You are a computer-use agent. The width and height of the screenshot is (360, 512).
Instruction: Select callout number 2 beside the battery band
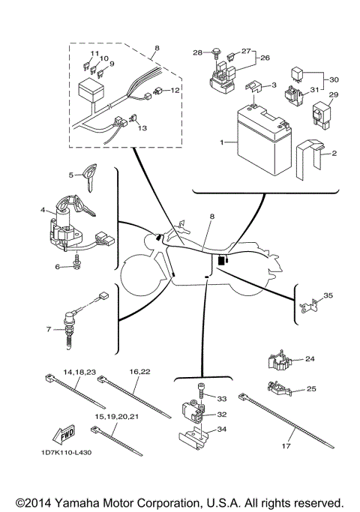[x=334, y=153]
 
